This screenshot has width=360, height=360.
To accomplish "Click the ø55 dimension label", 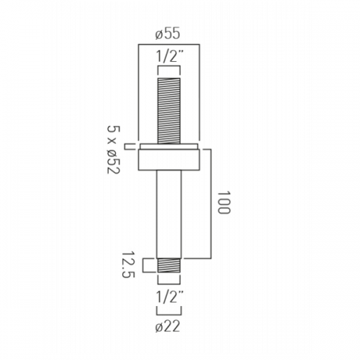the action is pyautogui.click(x=168, y=34).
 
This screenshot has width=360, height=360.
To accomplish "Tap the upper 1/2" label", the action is pyautogui.click(x=169, y=57).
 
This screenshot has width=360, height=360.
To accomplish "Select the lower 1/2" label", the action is pyautogui.click(x=169, y=297).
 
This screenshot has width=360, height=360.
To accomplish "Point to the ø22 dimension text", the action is pyautogui.click(x=168, y=327).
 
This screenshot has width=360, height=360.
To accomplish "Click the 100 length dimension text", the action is pyautogui.click(x=224, y=202).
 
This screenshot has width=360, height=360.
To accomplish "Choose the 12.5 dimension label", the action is pyautogui.click(x=128, y=265).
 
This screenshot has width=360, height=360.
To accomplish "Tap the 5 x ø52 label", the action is pyautogui.click(x=113, y=150).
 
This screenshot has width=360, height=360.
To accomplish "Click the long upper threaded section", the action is pyautogui.click(x=168, y=111).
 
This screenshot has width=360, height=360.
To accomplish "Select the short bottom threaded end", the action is pyautogui.click(x=168, y=266).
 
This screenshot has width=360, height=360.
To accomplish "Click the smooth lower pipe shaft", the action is pyautogui.click(x=168, y=215).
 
